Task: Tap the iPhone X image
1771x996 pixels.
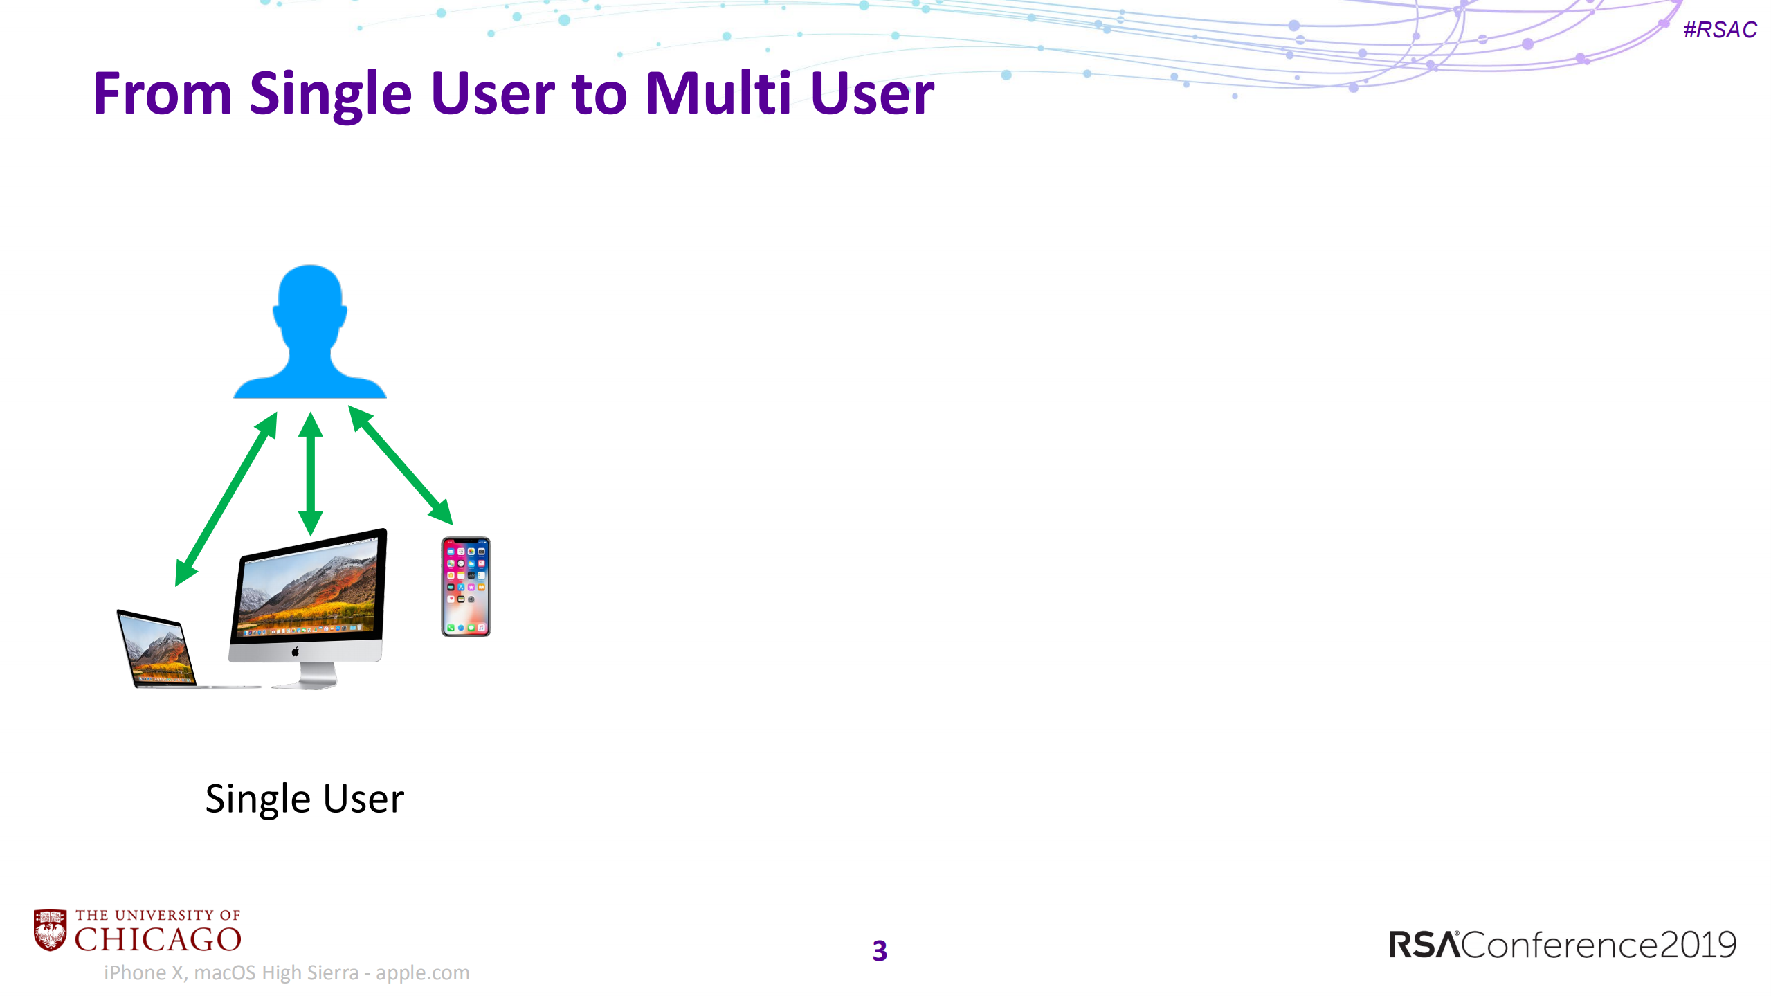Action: [x=466, y=587]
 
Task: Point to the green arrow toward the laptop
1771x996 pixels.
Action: [x=226, y=499]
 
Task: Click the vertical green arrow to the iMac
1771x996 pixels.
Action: [x=311, y=474]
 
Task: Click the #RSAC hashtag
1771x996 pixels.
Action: [x=1720, y=30]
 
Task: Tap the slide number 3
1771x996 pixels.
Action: [x=880, y=951]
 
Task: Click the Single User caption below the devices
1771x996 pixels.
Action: [x=305, y=799]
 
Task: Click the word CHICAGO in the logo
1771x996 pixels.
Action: [x=158, y=940]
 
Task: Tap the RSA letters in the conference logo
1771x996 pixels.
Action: [x=1423, y=945]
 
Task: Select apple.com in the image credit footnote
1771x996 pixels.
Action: [x=422, y=972]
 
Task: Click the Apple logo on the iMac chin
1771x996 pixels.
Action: [x=296, y=651]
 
